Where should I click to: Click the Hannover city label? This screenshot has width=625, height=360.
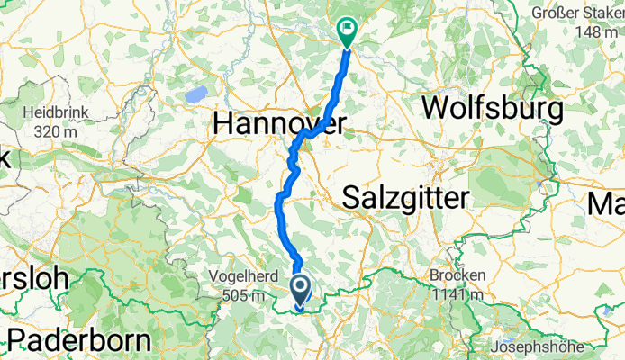pos(279,127)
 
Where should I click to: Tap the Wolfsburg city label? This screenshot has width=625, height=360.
pos(493,109)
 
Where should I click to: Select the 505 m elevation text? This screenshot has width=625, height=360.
pos(237,294)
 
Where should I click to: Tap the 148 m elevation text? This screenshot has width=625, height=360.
pos(597,31)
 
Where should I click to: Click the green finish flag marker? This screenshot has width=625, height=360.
pos(347,31)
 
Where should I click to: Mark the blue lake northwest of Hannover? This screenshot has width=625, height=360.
pos(193,94)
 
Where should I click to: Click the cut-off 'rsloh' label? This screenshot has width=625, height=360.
pos(33,278)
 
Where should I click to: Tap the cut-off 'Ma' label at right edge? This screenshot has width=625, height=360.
pos(606,204)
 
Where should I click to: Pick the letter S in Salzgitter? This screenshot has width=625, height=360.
pos(352,198)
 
